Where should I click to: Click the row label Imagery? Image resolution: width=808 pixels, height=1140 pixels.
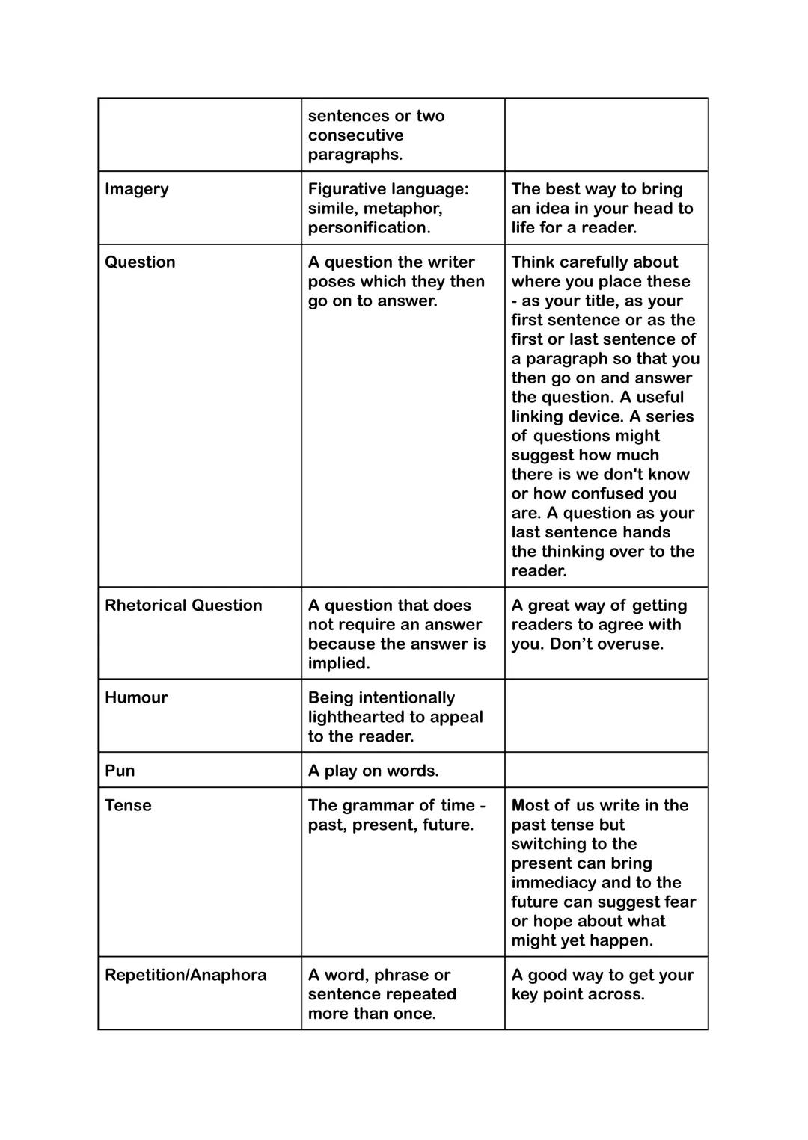point(137,189)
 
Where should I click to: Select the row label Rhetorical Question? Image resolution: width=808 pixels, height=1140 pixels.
point(183,606)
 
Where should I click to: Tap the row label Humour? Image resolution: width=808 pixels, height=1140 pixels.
point(136,698)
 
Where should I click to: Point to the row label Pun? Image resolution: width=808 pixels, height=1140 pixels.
point(120,771)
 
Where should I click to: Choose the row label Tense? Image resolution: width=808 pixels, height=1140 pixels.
point(128,806)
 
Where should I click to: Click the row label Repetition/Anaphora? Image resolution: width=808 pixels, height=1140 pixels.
point(186,976)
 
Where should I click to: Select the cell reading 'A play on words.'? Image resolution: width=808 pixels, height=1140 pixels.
point(373,771)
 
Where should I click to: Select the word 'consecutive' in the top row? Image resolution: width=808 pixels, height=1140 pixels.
point(355,135)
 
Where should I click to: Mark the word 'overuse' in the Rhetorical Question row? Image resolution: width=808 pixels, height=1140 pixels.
point(630,644)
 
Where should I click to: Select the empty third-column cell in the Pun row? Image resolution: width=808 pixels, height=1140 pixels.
point(606,770)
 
